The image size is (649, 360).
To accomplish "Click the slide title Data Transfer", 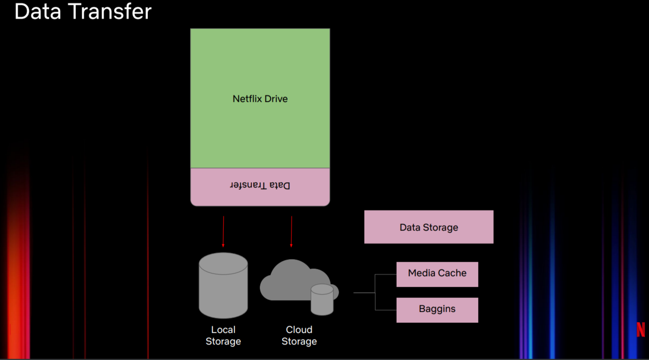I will click(x=83, y=12).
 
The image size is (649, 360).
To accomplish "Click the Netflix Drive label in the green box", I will click(x=260, y=99).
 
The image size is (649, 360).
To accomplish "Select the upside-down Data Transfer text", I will click(x=260, y=185).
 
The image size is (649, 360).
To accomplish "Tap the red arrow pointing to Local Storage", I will click(x=223, y=231).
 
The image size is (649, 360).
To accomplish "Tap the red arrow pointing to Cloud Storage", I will click(x=291, y=231).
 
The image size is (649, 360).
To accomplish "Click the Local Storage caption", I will click(x=223, y=335).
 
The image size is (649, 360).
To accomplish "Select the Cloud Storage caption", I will click(x=299, y=335).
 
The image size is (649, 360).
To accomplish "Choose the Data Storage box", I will click(x=429, y=227).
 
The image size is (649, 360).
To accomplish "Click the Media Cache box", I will click(x=437, y=274).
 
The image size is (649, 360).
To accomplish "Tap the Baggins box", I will click(x=437, y=310).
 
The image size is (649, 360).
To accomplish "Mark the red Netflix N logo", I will click(x=641, y=330).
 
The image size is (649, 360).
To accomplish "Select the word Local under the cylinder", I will click(x=223, y=330).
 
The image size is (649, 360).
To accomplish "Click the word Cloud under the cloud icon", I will click(x=299, y=330).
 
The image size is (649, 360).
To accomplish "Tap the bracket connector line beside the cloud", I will click(x=375, y=293).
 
